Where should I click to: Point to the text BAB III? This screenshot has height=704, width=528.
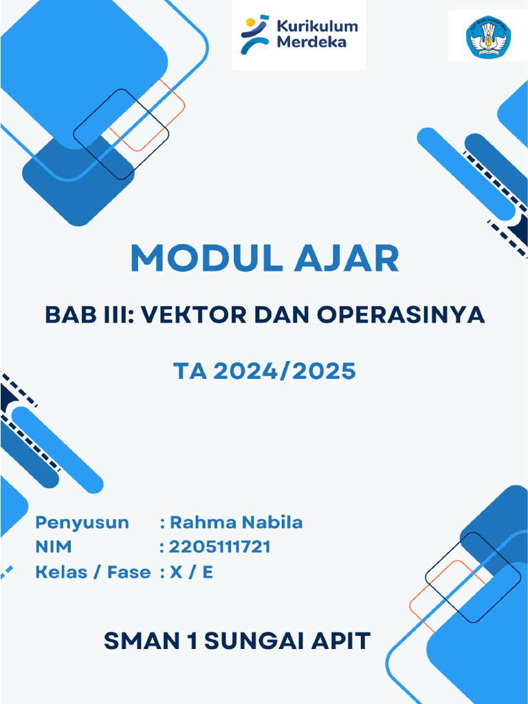click(x=87, y=314)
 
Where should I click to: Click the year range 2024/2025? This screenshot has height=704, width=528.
click(x=284, y=371)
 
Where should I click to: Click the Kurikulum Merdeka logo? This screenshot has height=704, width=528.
click(x=298, y=35)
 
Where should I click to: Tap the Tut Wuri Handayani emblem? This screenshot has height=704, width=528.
click(x=488, y=36)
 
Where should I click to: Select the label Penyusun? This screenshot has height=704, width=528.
click(x=82, y=522)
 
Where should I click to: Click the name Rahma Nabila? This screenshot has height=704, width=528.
click(x=236, y=522)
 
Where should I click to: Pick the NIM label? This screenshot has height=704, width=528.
click(x=53, y=547)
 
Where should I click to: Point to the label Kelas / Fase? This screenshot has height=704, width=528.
click(x=93, y=572)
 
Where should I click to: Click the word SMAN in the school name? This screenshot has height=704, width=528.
click(x=140, y=641)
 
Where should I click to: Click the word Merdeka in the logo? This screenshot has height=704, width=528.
click(x=311, y=43)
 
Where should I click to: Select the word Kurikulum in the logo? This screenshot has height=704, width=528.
click(x=316, y=27)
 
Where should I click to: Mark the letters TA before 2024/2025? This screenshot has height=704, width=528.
click(x=189, y=371)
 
